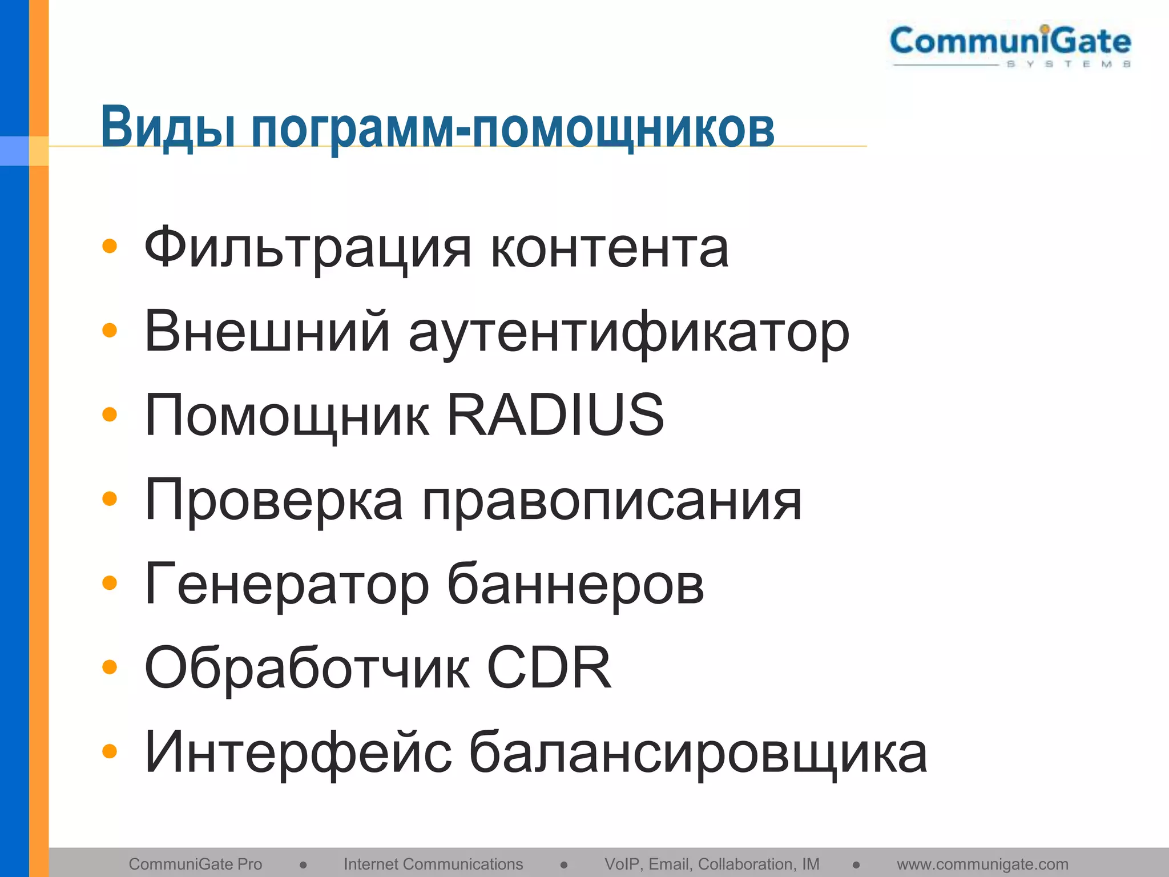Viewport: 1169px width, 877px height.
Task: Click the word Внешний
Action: (268, 332)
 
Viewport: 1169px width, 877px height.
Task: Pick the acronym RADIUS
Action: (555, 415)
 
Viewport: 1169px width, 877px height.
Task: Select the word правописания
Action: (612, 501)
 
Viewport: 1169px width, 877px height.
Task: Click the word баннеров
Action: (575, 584)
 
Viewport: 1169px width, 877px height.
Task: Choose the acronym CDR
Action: (549, 667)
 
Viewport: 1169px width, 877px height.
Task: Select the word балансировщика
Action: (698, 753)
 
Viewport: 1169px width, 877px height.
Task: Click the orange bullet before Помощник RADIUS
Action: (109, 415)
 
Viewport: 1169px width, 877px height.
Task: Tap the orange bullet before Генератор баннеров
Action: (109, 583)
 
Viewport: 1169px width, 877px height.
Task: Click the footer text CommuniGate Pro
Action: (195, 864)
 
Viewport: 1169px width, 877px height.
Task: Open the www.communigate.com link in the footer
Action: (982, 864)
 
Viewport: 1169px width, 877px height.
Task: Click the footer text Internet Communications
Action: (433, 864)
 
